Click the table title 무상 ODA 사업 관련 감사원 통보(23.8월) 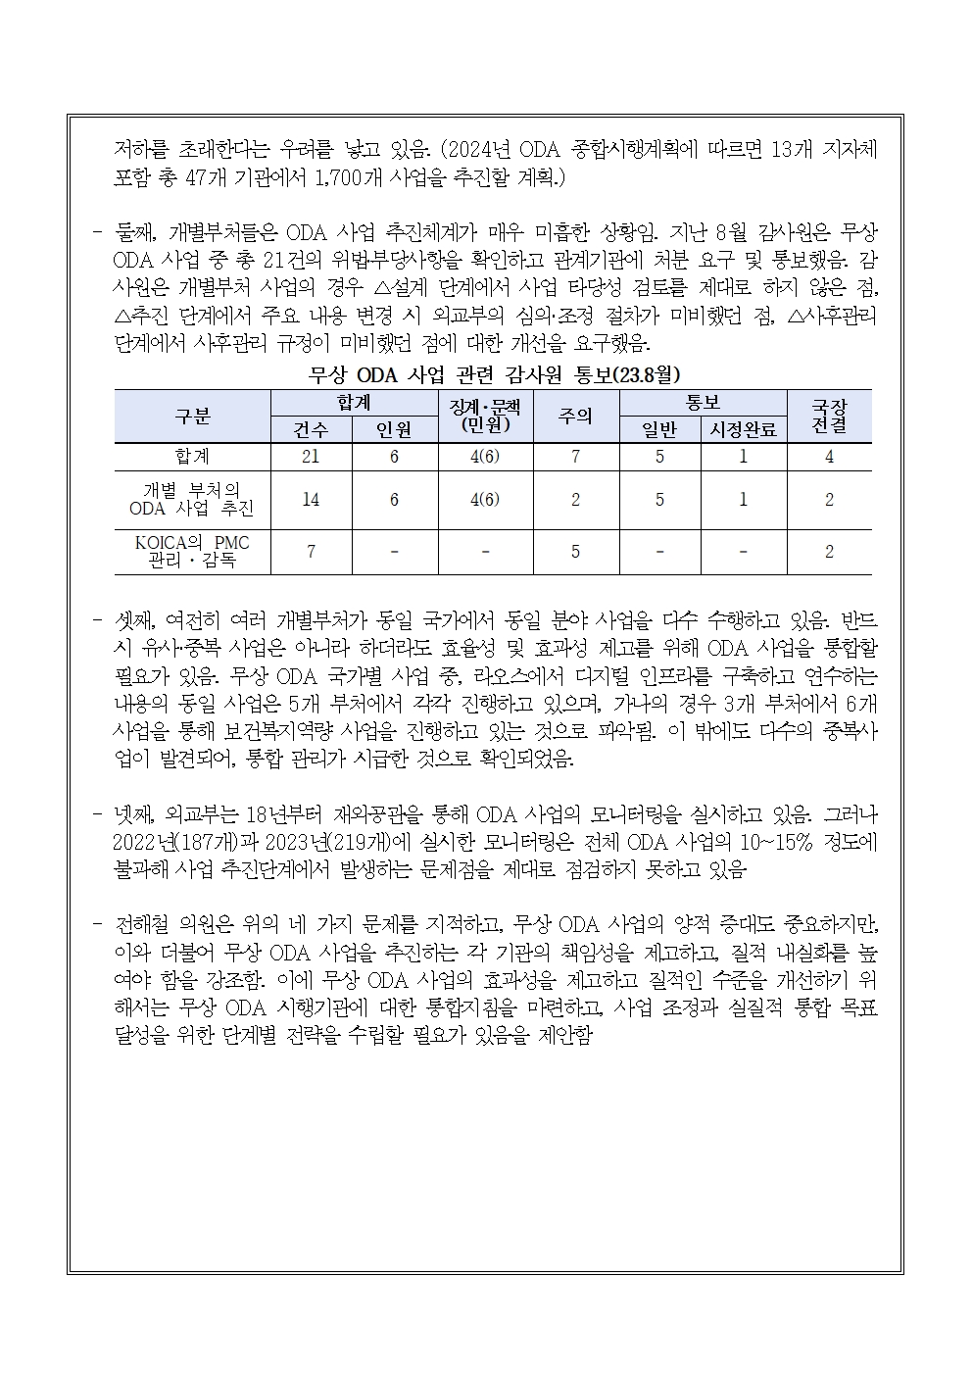click(x=494, y=374)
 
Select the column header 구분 click(x=192, y=416)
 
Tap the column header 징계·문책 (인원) click(x=485, y=416)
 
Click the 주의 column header click(x=575, y=416)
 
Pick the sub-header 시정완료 click(x=743, y=429)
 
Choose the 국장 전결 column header click(x=829, y=416)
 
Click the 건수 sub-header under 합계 click(x=311, y=429)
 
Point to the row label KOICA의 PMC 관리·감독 click(x=192, y=552)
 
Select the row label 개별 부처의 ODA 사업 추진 click(x=192, y=499)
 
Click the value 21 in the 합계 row click(x=311, y=457)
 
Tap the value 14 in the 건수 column click(x=311, y=499)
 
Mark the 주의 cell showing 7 click(x=575, y=457)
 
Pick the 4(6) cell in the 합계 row click(x=485, y=457)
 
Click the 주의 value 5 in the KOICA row click(x=575, y=552)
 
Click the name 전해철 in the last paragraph click(x=144, y=924)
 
